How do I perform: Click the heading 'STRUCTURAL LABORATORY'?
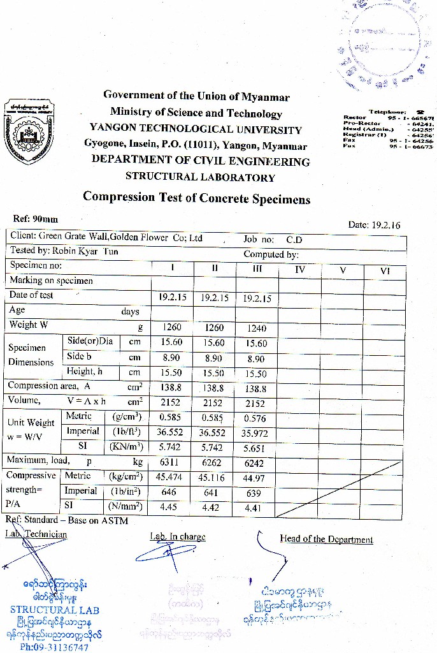coord(200,177)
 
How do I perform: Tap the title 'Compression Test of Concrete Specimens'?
coord(196,198)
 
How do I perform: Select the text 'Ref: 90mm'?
coord(36,219)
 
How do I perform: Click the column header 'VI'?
coord(384,270)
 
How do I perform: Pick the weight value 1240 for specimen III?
coord(255,328)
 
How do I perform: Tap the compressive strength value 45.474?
coord(171,477)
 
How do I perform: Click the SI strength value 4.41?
coord(254,508)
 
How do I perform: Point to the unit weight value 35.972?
coord(254,434)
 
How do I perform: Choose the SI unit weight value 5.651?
coord(255,448)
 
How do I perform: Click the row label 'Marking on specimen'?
coord(51,281)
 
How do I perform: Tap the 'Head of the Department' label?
coord(326,539)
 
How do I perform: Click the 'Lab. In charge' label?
coord(178,537)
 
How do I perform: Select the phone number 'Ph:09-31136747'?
coord(54,647)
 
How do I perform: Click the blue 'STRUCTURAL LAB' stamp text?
coord(54,610)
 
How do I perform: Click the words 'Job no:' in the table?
coord(259,240)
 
